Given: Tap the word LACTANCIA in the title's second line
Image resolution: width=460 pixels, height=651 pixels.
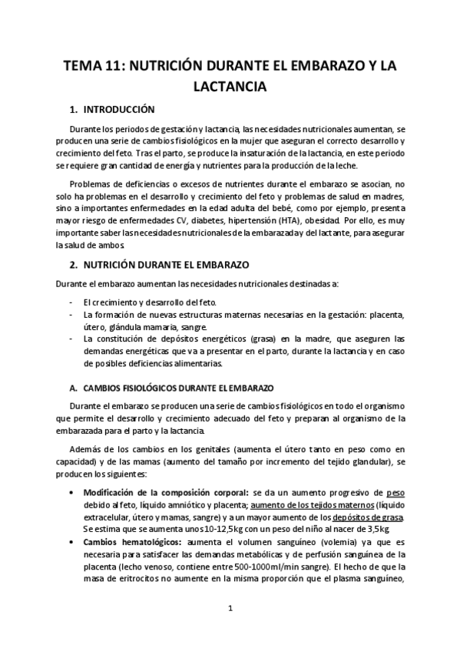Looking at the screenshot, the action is [x=230, y=87].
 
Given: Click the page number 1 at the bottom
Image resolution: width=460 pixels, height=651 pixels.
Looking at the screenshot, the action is [x=230, y=608].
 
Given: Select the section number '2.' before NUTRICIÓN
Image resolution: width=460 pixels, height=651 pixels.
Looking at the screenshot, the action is [x=73, y=264].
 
